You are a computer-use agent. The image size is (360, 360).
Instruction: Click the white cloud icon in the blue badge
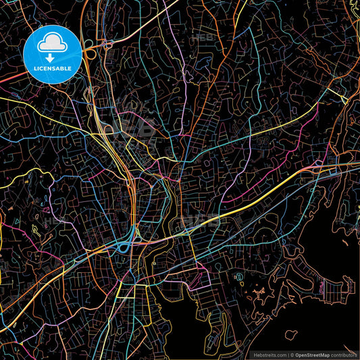52,45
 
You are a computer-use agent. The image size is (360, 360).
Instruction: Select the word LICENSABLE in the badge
53,69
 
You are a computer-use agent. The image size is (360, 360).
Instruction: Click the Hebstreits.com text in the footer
269,354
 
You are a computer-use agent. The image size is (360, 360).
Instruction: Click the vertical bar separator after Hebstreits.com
288,354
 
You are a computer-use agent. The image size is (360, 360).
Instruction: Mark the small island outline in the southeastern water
291,334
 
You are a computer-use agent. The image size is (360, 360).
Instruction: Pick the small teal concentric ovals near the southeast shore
238,278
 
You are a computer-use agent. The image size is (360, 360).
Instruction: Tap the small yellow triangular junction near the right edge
343,99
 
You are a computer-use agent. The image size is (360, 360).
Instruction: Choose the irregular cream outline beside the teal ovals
259,292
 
